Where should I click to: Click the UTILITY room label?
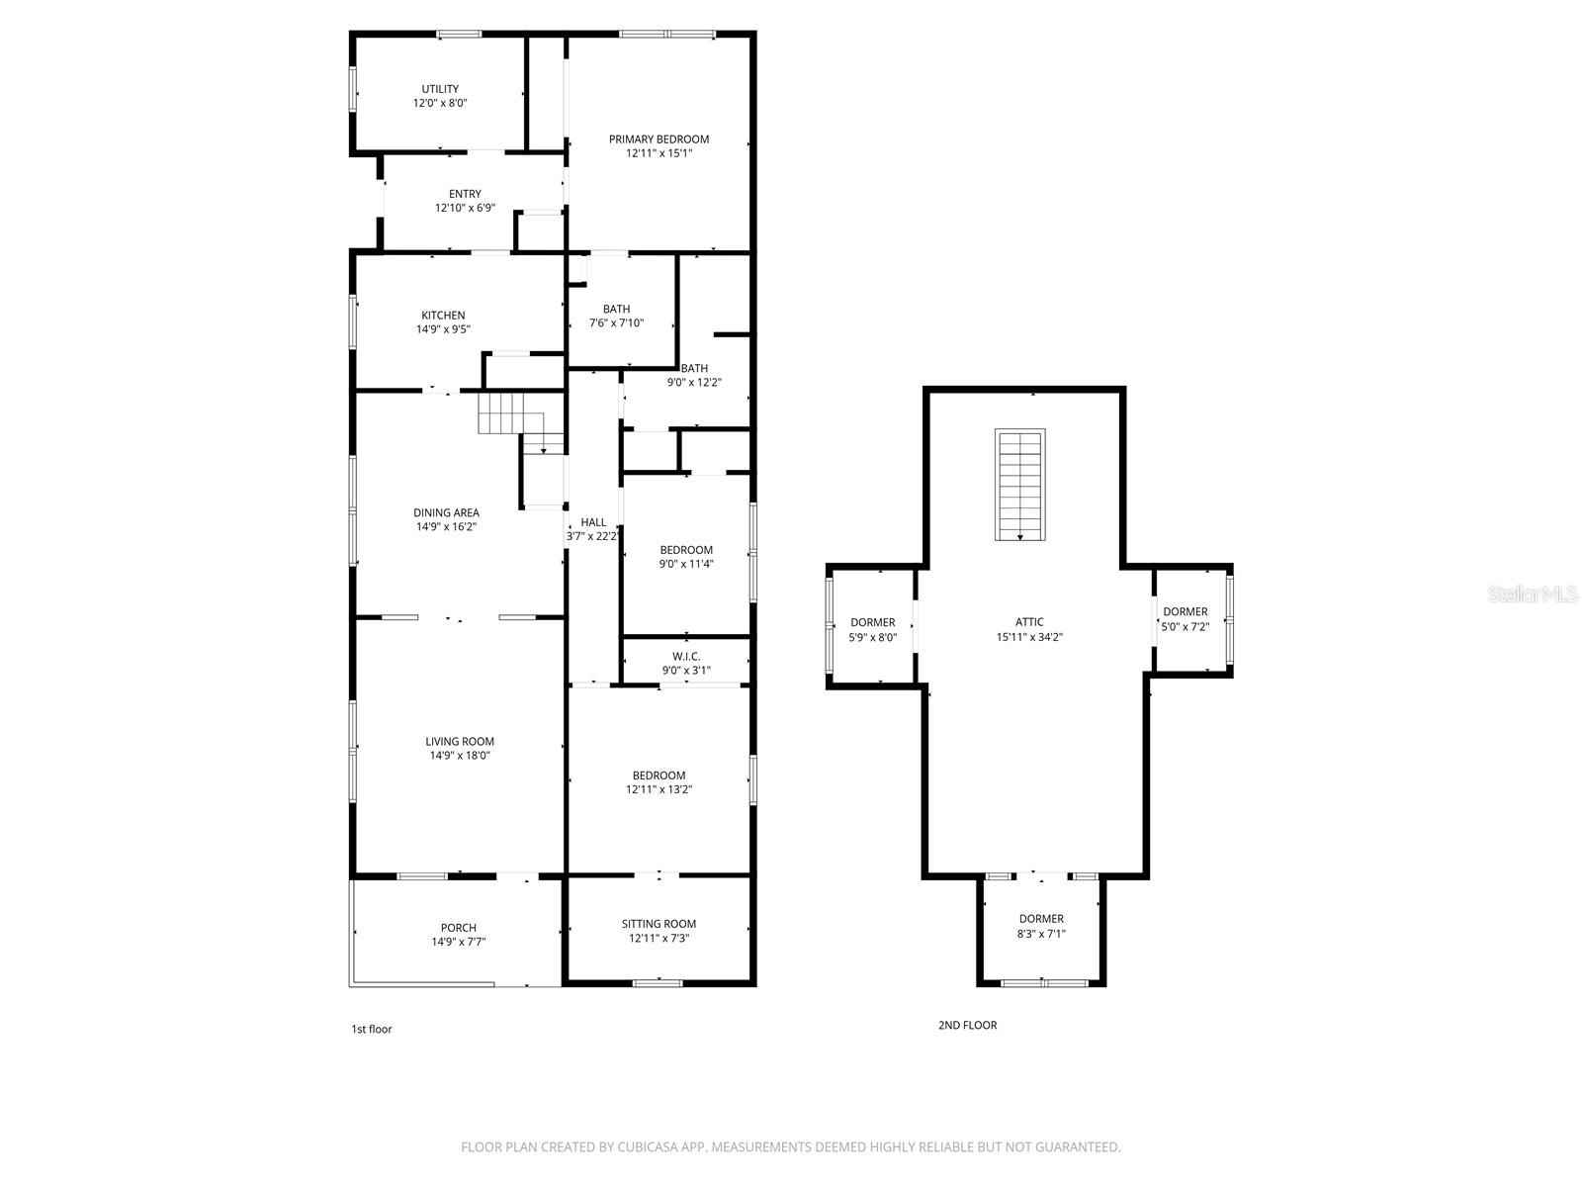tap(440, 89)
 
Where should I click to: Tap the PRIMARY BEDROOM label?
tap(659, 139)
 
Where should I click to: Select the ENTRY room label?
tap(465, 194)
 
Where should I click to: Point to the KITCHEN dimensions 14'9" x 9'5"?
tap(443, 329)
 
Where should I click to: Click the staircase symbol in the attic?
tap(1019, 485)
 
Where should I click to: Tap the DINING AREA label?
tap(446, 512)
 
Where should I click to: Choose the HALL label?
tap(593, 522)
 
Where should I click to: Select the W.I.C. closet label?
tap(686, 657)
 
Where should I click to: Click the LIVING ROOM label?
tap(460, 741)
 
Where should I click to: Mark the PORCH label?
tap(458, 928)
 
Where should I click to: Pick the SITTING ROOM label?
tap(659, 924)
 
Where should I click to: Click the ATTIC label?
tap(1029, 622)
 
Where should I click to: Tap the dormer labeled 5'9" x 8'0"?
tap(872, 629)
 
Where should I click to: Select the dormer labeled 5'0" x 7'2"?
tap(1185, 618)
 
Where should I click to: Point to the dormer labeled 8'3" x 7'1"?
tap(1041, 925)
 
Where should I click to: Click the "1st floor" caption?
tap(372, 1029)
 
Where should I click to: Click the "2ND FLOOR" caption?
tap(967, 1025)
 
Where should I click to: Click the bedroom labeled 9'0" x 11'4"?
tap(686, 556)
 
